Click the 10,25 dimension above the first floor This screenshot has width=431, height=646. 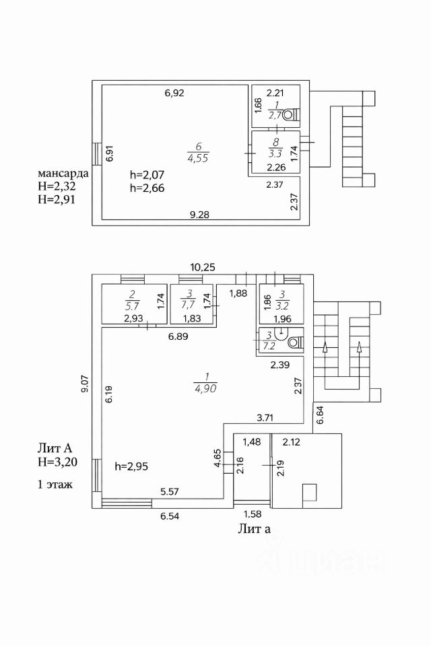(202, 267)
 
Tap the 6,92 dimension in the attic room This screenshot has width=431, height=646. (174, 93)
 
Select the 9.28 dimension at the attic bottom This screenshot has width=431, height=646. (200, 215)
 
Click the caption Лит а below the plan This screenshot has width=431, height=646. (254, 528)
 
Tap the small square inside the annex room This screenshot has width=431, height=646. (310, 493)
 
